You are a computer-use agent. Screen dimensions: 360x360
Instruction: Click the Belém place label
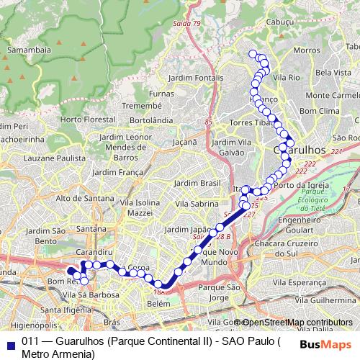tap(158, 305)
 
